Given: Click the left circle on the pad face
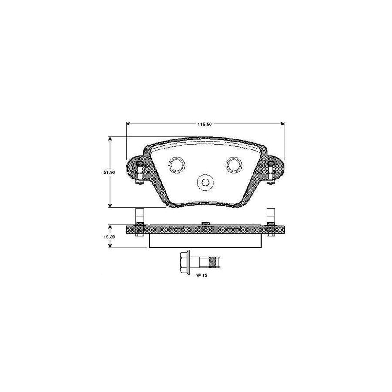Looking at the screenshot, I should point(176,164).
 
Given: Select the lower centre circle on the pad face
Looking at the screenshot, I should point(204,182).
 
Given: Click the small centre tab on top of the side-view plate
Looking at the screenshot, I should point(205,223).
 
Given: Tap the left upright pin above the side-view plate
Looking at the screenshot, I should point(139,215).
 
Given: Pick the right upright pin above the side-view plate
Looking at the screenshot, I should point(270,215).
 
